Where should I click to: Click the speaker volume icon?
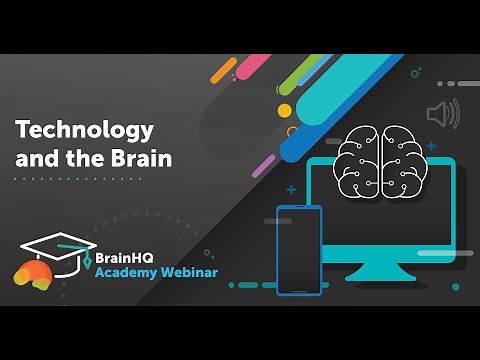click(x=441, y=115)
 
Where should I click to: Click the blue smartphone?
click(x=298, y=250)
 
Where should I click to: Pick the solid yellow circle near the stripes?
click(x=284, y=109)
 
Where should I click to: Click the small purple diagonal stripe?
click(x=262, y=165)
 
